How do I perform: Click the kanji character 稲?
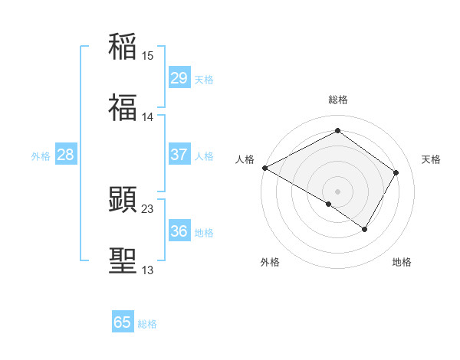coord(123,47)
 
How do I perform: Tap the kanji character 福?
coord(123,109)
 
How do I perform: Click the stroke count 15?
coord(148,55)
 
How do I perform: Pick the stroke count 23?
coord(148,208)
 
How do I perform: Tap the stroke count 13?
coord(148,270)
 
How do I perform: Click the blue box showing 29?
coord(179,77)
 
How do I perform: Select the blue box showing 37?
coord(179,155)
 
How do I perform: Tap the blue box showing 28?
coord(66,155)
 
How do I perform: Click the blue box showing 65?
coord(123,322)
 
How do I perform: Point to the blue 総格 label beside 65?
coord(147,324)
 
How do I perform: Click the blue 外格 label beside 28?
coord(41,156)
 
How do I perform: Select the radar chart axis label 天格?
coord(431,159)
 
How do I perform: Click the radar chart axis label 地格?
coord(402,262)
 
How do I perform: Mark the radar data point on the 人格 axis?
coord(264,168)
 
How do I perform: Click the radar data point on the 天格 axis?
coord(396,172)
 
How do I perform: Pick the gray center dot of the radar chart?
coord(337,191)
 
